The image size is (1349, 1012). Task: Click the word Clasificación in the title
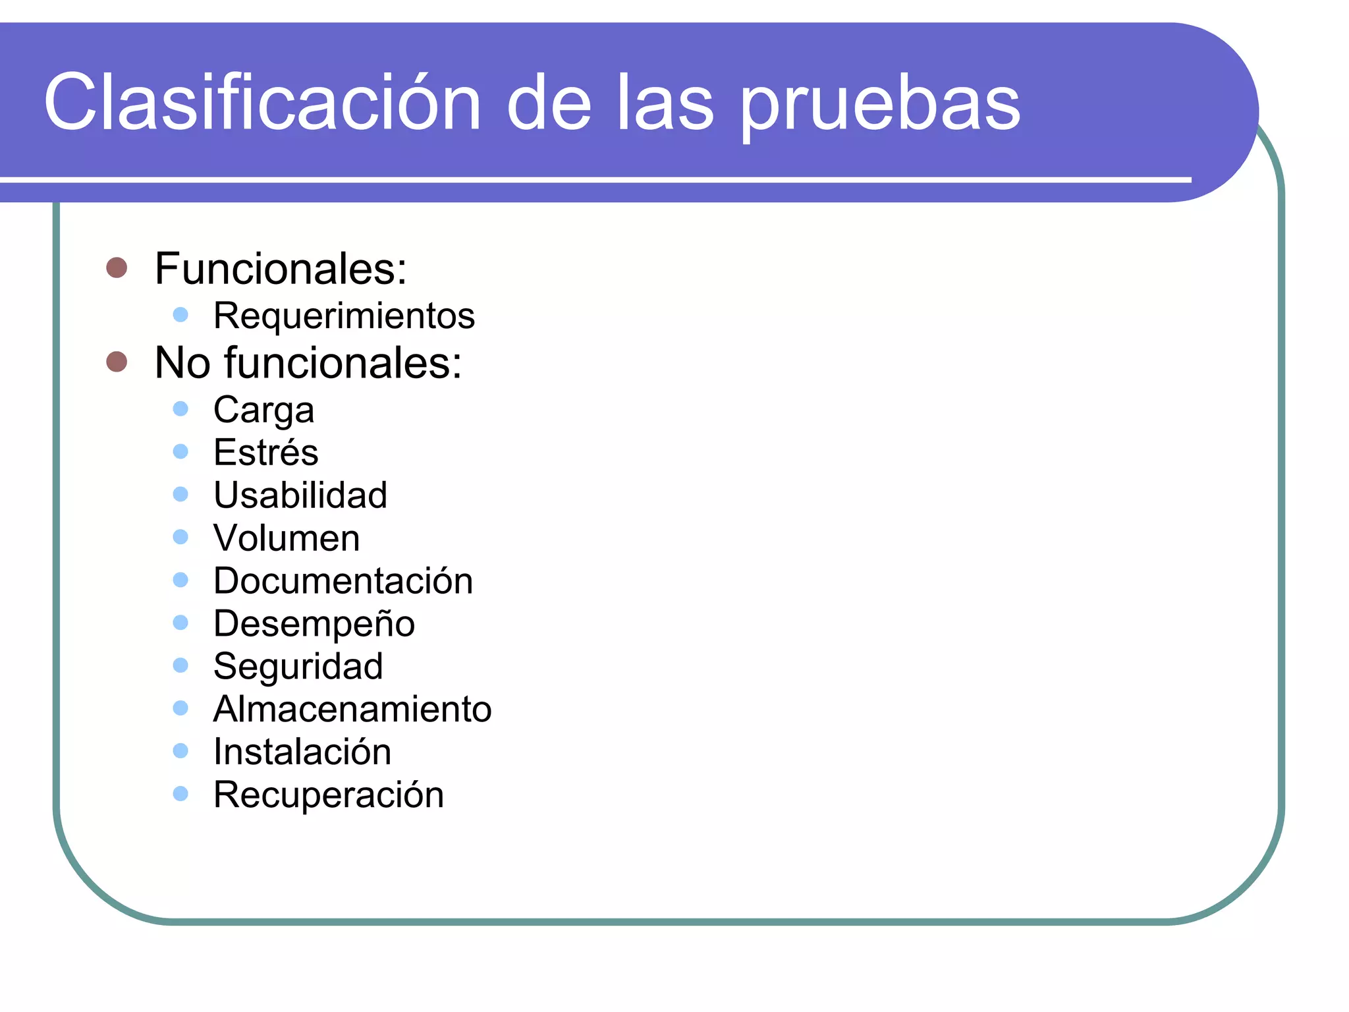[x=262, y=103]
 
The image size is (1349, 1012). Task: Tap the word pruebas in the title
[x=881, y=105]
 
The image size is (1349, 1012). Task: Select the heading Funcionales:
[x=281, y=269]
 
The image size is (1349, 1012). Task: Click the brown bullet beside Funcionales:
[x=117, y=267]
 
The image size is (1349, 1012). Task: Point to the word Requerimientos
[x=344, y=316]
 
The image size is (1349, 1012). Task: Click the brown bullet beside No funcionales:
[x=117, y=361]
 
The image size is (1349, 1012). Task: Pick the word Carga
[x=263, y=410]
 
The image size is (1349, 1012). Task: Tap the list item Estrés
[x=265, y=453]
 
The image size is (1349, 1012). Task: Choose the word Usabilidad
[x=300, y=495]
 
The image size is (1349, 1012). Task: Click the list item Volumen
[x=287, y=538]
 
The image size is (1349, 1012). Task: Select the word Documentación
[x=343, y=580]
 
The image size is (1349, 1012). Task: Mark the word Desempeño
[x=314, y=623]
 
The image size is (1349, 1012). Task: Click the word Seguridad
[x=298, y=666]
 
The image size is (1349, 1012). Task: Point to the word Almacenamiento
[x=352, y=709]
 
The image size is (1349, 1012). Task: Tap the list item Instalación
[x=302, y=752]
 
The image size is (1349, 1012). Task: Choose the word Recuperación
[x=329, y=795]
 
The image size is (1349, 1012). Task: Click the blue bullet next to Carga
[x=180, y=409]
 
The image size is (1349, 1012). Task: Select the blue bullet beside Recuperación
[x=180, y=793]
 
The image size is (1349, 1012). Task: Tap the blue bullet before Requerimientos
[x=180, y=314]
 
